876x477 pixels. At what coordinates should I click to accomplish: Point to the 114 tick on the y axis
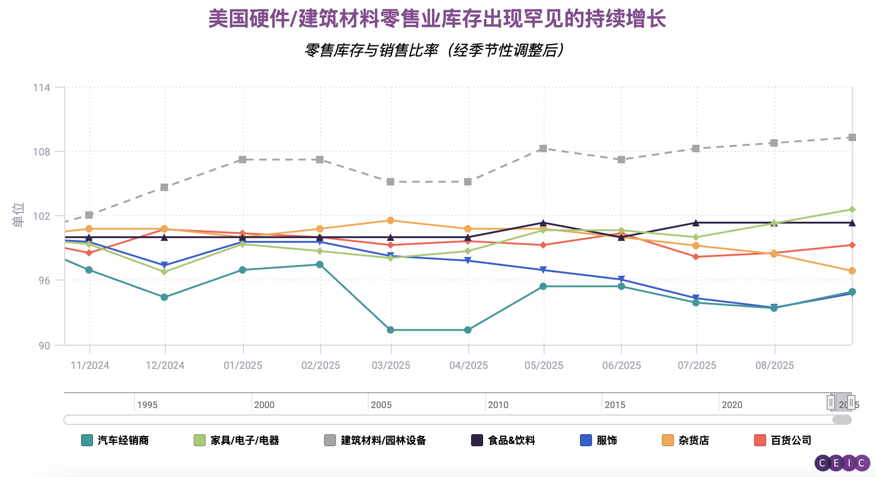coord(41,88)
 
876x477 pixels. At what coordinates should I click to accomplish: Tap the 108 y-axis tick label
coord(41,152)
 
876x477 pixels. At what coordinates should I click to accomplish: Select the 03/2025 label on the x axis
coord(391,365)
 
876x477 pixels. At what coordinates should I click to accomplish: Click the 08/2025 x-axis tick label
coord(775,365)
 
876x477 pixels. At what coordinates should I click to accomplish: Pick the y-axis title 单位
coord(18,215)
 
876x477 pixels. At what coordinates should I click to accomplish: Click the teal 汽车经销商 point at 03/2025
coord(391,330)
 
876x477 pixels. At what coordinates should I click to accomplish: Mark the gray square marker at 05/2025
coord(543,149)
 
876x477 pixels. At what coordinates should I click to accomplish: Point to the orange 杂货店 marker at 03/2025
coord(391,220)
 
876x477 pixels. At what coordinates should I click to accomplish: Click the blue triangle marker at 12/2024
coord(164,265)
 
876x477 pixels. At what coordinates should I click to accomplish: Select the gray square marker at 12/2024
coord(164,187)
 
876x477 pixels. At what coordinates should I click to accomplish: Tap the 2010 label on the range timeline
coord(498,405)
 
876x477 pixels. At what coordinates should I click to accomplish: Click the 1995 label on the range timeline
coord(147,405)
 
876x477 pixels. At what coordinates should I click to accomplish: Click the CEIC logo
coord(842,463)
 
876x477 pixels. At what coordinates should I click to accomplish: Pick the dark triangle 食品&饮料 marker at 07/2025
coord(696,223)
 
